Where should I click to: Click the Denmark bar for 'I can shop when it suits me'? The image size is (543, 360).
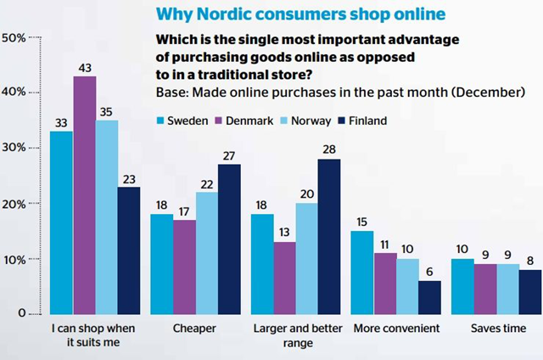(x=85, y=195)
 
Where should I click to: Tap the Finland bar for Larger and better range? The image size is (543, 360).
(x=329, y=237)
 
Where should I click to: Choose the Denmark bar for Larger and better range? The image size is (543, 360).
(x=284, y=278)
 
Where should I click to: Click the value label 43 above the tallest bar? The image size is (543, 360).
(x=85, y=68)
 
